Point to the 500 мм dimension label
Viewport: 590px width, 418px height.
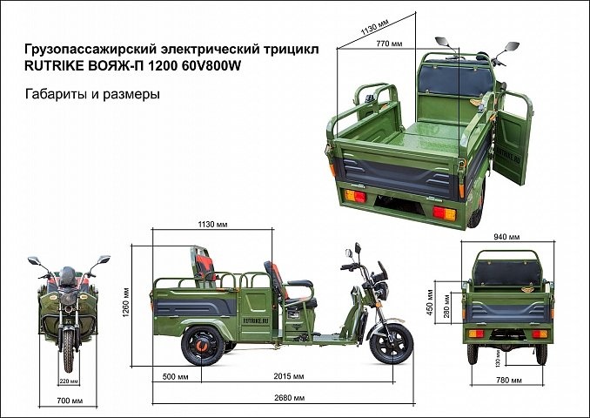[x=176, y=378]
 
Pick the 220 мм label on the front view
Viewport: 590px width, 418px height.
[x=69, y=381]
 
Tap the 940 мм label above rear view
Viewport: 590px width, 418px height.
[x=507, y=237]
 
